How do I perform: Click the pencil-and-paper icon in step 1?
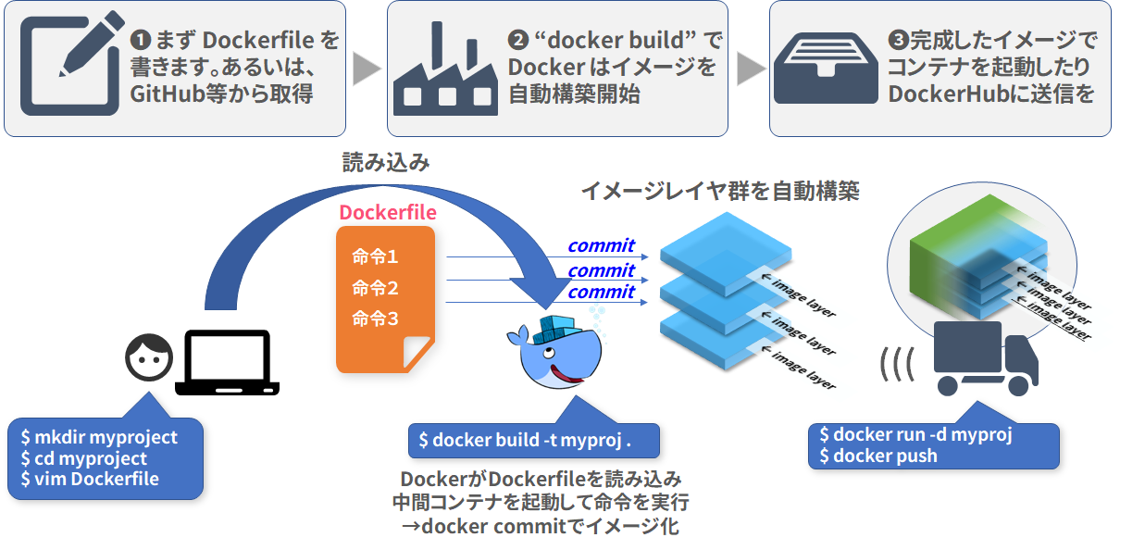(69, 62)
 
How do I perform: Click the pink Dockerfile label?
(387, 212)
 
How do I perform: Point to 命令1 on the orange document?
(375, 256)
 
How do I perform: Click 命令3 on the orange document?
(375, 319)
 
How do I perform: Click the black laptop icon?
(228, 364)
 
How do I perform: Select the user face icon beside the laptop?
(149, 357)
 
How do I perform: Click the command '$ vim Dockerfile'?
(90, 480)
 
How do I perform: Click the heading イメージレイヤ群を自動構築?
(720, 192)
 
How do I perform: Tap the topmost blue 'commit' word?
(601, 245)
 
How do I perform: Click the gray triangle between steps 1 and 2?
(367, 69)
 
